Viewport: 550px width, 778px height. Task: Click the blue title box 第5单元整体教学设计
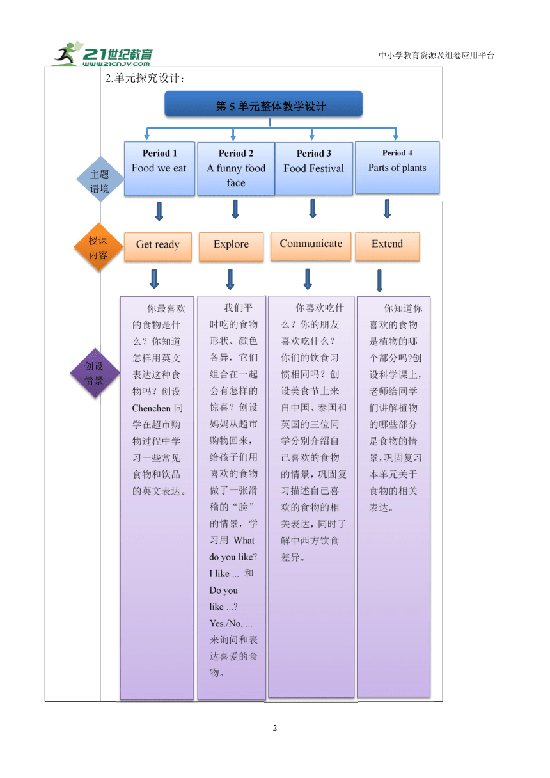coord(263,104)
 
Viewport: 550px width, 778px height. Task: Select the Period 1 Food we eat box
coord(159,168)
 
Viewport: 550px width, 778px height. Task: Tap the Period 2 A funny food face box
coord(236,168)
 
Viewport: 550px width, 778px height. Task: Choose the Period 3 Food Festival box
coord(314,168)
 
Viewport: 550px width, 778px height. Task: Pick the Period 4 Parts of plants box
coord(397,167)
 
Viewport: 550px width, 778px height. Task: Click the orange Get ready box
coord(158,246)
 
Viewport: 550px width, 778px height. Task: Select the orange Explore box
coord(232,246)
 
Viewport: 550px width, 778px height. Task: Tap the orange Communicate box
coord(311,246)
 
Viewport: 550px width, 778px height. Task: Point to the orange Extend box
coord(387,246)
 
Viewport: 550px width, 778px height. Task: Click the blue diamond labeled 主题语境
coord(100,179)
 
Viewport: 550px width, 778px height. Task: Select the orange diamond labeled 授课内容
coord(98,247)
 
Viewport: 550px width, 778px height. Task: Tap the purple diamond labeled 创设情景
coord(95,373)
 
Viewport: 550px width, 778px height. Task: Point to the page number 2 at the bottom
coord(275,727)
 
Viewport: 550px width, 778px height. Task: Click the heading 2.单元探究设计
coord(145,78)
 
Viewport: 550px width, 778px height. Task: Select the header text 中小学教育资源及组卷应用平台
coord(436,55)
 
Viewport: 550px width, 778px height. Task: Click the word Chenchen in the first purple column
coord(151,408)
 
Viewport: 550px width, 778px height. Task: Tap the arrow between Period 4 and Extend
coord(387,209)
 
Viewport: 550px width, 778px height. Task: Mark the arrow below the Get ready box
coord(155,278)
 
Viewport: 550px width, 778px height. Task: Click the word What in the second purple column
coord(244,540)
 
